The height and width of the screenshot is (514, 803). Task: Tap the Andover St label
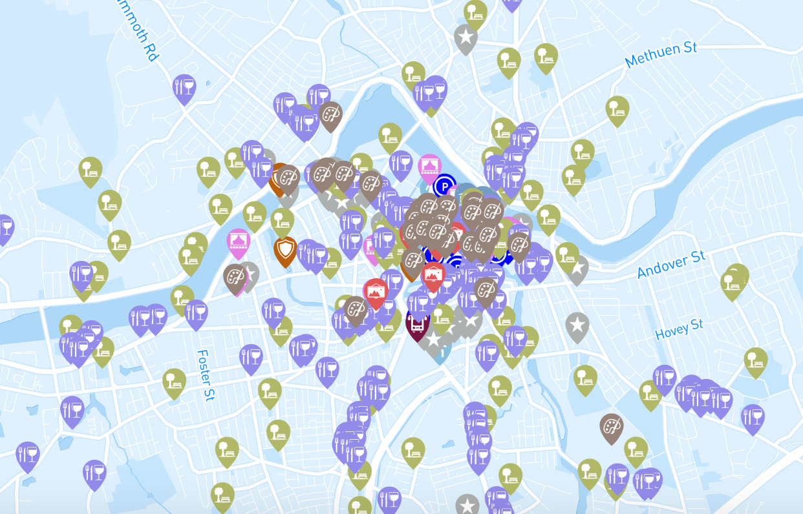pos(671,265)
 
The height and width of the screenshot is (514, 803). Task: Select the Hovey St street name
pos(679,329)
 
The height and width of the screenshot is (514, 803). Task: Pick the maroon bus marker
pos(418,322)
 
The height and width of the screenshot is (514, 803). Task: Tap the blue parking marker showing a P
pos(444,187)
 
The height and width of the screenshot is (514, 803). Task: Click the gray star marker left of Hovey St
pos(577,325)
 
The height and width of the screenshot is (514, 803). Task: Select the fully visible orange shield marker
pos(284,249)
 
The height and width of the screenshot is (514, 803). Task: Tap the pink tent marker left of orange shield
pos(239,242)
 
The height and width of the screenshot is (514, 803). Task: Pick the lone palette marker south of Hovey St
pos(611,426)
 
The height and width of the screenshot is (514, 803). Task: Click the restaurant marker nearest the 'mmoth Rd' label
pos(184,87)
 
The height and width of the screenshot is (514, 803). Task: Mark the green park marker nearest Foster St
pos(174,381)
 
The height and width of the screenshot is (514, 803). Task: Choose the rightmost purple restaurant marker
pos(753,417)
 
